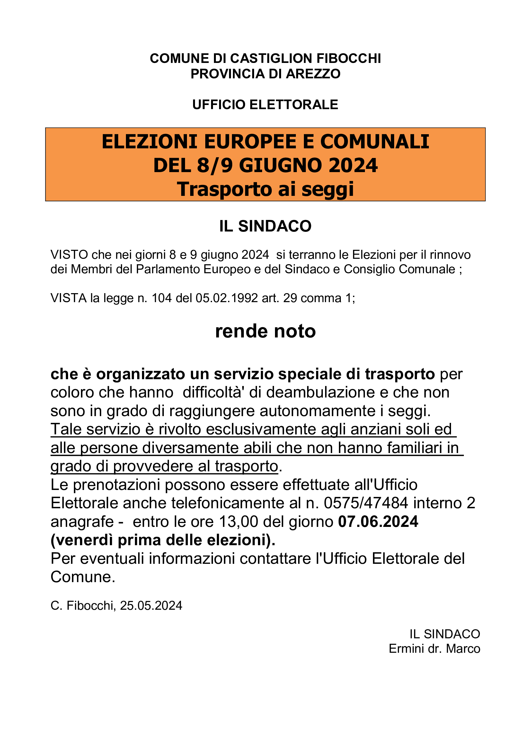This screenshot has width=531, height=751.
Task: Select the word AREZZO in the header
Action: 314,74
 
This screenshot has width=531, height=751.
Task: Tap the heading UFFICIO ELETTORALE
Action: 265,105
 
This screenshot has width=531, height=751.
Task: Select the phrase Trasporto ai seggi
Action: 265,189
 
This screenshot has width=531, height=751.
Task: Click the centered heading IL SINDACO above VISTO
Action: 265,226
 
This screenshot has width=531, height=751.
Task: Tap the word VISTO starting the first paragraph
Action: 69,255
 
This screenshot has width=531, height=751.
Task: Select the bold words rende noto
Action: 265,331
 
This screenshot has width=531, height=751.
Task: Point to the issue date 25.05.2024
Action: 151,606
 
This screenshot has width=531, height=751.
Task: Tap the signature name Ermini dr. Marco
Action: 434,649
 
